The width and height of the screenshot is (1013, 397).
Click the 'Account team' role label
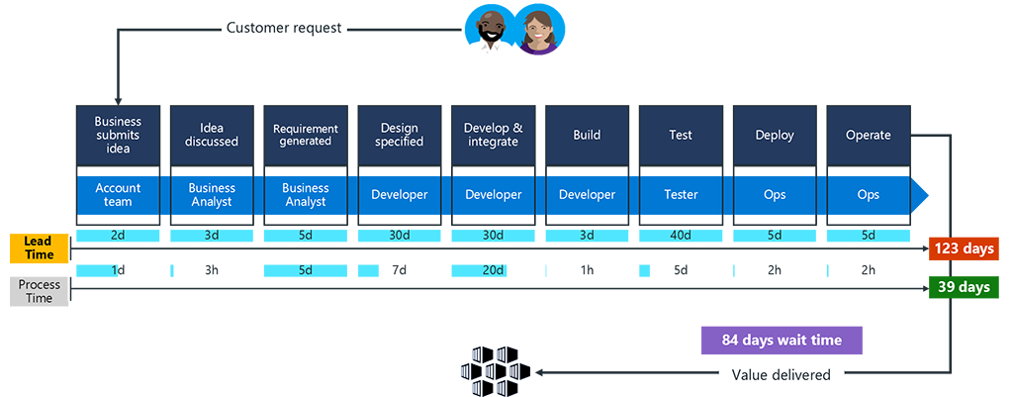click(118, 195)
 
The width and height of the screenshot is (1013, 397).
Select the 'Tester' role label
click(680, 195)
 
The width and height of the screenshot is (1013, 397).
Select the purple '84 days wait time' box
click(782, 341)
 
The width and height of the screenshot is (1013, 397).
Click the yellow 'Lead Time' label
click(39, 248)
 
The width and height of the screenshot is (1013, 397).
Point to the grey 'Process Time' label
click(39, 291)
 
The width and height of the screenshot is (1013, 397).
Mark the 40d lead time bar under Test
click(680, 236)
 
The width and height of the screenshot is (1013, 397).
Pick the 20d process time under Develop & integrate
click(492, 271)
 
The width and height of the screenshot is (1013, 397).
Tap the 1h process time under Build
click(586, 271)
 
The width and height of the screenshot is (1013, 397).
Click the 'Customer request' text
click(284, 28)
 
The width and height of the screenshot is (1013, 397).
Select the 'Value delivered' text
click(782, 374)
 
